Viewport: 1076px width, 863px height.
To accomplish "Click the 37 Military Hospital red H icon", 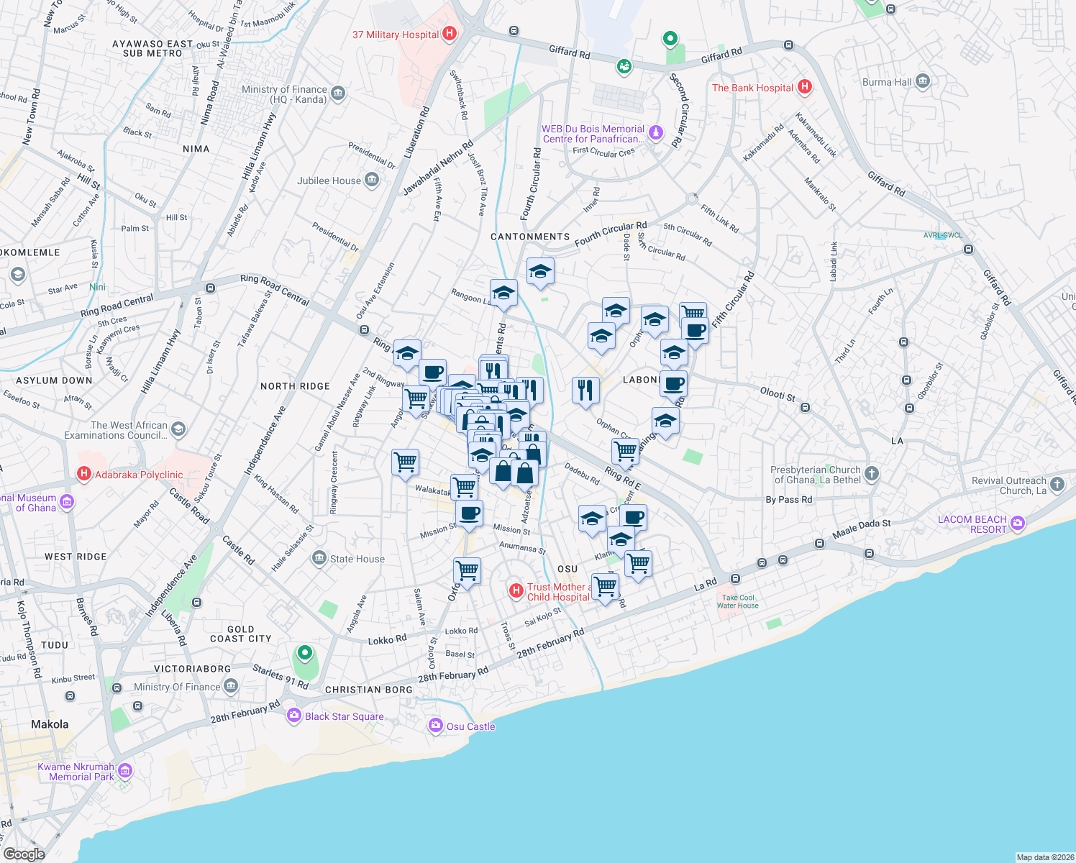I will coord(450,33).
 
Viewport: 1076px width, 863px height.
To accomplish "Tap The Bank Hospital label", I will coord(752,88).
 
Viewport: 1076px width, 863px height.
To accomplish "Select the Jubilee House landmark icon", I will coord(372,180).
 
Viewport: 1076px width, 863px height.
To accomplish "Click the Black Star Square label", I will coord(344,716).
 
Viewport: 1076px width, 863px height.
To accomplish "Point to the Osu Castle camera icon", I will coord(435,726).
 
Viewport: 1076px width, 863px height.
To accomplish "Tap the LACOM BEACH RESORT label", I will coord(972,524).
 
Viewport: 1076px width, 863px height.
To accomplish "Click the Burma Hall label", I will coord(887,82).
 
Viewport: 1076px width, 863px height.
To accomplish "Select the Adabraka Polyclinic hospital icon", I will coord(84,474).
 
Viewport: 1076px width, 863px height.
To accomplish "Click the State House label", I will coord(357,559).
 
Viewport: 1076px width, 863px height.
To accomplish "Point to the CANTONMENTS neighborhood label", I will coord(530,237).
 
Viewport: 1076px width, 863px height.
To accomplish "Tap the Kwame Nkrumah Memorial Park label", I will coord(76,772).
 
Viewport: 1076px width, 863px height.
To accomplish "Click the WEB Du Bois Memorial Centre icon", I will coord(655,132).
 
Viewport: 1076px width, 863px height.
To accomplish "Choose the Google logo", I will coord(24,854).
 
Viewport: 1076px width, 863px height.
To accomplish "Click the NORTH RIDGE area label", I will coord(295,386).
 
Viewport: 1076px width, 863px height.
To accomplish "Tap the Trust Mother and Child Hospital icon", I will coord(516,590).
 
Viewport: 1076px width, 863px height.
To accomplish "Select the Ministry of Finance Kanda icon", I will coord(338,93).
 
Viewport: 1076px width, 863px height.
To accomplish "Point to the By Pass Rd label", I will coord(788,499).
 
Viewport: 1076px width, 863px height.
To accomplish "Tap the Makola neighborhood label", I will coord(50,724).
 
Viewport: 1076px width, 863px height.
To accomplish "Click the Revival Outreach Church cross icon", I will coord(1057,484).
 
